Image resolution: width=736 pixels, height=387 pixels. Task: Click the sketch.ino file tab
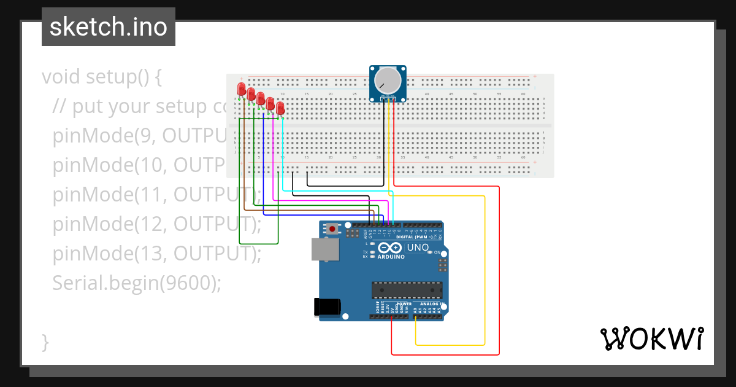tap(109, 27)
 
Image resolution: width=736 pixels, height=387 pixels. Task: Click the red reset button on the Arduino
tap(332, 229)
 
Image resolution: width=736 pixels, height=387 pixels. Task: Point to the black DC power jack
tap(326, 307)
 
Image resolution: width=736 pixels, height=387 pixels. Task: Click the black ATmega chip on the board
tap(407, 290)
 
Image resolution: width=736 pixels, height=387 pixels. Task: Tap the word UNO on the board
tap(418, 247)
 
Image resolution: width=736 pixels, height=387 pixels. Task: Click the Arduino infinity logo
tap(391, 248)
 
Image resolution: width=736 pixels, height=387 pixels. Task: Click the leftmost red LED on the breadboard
tap(242, 89)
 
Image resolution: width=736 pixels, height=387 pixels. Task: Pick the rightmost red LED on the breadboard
tap(280, 108)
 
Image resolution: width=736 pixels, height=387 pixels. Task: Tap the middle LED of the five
tap(261, 98)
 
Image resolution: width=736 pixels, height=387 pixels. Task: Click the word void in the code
tap(62, 77)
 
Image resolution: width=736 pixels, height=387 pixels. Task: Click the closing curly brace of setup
tap(45, 342)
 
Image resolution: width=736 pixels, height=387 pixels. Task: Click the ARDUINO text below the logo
tap(391, 257)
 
